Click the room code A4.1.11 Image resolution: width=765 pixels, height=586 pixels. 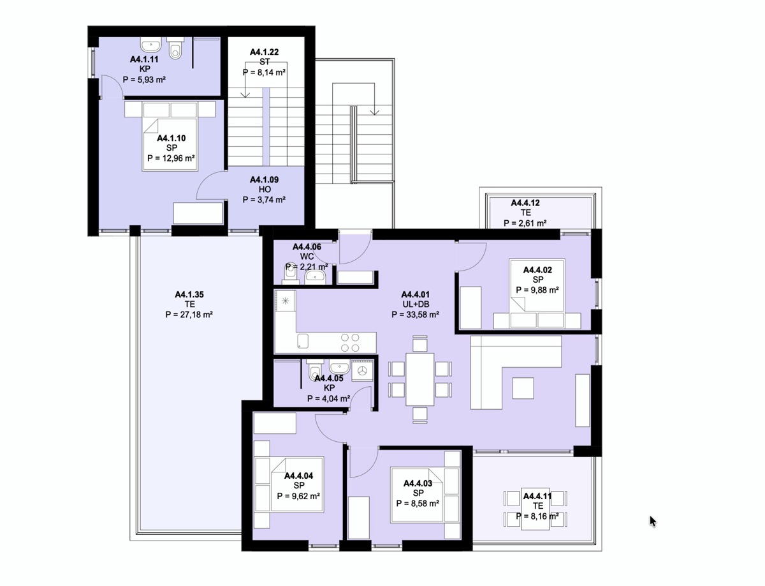[144, 59]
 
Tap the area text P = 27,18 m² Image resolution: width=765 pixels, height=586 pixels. [189, 315]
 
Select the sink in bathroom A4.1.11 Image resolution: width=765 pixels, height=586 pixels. [151, 44]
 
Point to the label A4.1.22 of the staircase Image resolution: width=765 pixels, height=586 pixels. [264, 52]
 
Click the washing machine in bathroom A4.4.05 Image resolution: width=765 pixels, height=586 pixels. [363, 371]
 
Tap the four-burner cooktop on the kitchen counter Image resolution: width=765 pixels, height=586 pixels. [350, 342]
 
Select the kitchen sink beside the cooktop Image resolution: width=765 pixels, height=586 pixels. [303, 341]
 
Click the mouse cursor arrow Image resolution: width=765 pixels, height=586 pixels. [653, 521]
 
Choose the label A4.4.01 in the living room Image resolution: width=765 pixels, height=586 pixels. [415, 294]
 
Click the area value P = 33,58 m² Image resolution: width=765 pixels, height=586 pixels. [415, 315]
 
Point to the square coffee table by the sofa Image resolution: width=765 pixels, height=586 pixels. [523, 388]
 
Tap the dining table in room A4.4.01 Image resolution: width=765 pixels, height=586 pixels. [419, 379]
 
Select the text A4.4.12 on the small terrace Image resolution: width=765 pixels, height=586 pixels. [525, 202]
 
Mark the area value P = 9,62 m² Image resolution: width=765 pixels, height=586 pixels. [298, 496]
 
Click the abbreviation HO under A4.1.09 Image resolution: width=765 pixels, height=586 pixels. [265, 190]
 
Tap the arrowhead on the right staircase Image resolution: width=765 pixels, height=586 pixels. [374, 112]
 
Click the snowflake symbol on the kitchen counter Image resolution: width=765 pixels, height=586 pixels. [286, 301]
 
